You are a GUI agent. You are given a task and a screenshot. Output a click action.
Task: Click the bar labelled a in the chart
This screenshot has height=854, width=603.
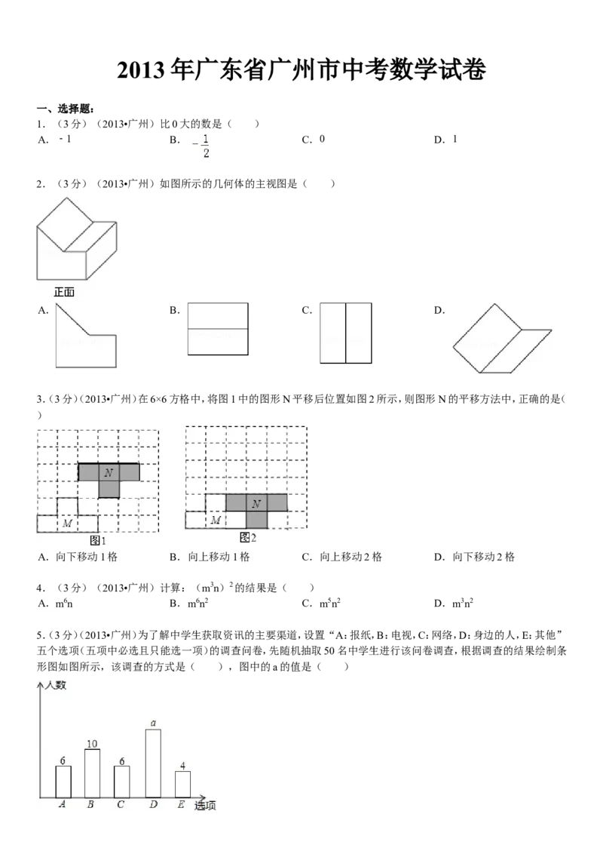(154, 763)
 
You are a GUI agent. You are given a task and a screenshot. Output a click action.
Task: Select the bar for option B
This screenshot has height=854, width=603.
(93, 773)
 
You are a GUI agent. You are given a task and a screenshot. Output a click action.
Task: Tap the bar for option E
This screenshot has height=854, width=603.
(183, 785)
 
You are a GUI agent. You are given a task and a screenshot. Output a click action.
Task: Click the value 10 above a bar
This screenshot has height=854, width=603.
(92, 743)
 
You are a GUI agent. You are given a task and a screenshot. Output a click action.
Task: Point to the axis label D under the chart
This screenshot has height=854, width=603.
(154, 804)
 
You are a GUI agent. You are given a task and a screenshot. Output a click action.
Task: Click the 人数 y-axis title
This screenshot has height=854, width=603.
(56, 684)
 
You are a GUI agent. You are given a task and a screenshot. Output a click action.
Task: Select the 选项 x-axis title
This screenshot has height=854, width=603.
(205, 806)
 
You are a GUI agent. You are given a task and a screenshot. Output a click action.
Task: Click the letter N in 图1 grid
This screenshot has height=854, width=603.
(109, 472)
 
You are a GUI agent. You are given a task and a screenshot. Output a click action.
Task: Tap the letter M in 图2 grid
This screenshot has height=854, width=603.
(216, 520)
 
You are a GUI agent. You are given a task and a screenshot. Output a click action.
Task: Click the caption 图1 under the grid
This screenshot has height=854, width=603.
(98, 541)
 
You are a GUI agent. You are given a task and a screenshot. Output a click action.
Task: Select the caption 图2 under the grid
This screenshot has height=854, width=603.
(248, 538)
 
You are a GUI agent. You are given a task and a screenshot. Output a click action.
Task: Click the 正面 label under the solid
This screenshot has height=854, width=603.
(64, 292)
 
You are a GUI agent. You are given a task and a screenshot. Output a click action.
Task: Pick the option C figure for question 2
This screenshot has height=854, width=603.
(345, 333)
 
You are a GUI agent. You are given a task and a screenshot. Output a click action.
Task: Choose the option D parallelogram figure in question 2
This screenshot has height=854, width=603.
(502, 338)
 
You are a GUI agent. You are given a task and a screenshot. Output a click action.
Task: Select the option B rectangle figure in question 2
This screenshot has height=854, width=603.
(218, 329)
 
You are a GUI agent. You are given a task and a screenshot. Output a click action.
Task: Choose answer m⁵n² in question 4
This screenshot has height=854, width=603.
(330, 603)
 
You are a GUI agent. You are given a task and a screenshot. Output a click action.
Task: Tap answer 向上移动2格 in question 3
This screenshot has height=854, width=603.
(351, 557)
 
